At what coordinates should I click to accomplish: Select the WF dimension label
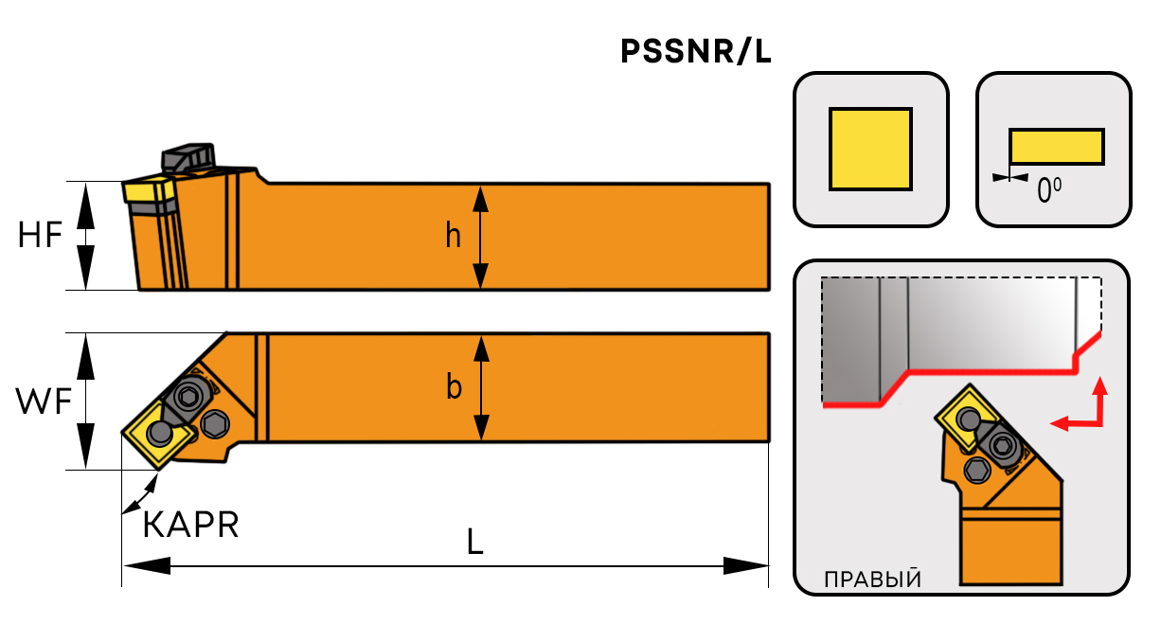[x=44, y=402]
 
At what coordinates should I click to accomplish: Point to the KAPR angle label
[x=190, y=525]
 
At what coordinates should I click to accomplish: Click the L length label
[x=476, y=542]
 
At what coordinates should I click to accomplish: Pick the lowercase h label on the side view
[x=454, y=236]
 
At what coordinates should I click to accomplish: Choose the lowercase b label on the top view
[x=455, y=387]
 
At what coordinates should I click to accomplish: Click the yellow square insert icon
[x=870, y=149]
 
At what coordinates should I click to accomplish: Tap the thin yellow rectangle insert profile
[x=1056, y=147]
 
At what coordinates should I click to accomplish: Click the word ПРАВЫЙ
[x=871, y=579]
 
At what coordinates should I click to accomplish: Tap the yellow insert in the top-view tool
[x=155, y=434]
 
